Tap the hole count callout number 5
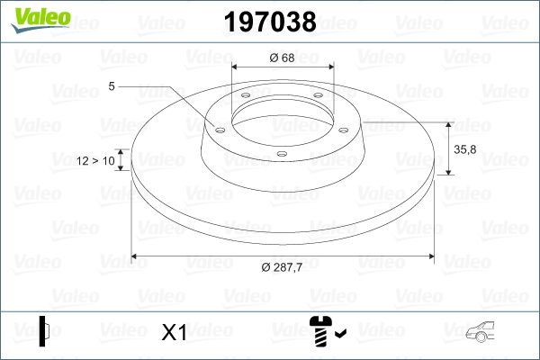pyautogui.click(x=112, y=86)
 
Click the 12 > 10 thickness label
pyautogui.click(x=96, y=160)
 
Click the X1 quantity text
pyautogui.click(x=173, y=333)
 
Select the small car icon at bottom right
pyautogui.click(x=485, y=334)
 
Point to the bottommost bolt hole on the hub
pyautogui.click(x=282, y=154)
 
